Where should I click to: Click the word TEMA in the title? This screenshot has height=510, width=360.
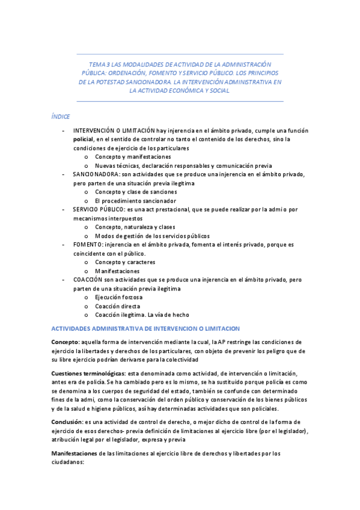click(96, 64)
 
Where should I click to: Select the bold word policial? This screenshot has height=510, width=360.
click(84, 139)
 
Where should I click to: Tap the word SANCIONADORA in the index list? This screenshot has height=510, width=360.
click(96, 174)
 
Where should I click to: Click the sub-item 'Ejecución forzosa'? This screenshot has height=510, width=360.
click(118, 297)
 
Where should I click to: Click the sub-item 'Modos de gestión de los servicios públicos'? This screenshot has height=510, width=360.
click(152, 236)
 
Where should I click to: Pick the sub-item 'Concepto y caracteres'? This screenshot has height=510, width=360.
click(125, 262)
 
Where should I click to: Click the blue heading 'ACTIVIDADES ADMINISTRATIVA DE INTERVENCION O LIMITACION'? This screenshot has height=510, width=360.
click(145, 328)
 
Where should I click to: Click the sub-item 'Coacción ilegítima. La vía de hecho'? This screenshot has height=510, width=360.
click(142, 315)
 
